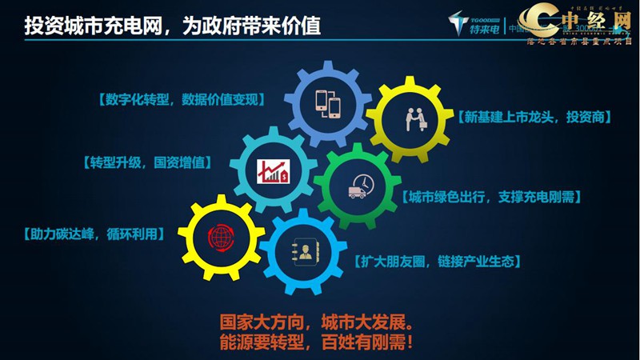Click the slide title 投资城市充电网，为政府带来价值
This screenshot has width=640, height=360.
(x=173, y=27)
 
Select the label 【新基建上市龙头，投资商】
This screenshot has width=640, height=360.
(x=536, y=117)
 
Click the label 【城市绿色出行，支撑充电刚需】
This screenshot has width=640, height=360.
(x=490, y=196)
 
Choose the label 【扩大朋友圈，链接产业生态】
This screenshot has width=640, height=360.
(x=438, y=262)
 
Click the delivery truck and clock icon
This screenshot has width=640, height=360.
(x=357, y=186)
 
